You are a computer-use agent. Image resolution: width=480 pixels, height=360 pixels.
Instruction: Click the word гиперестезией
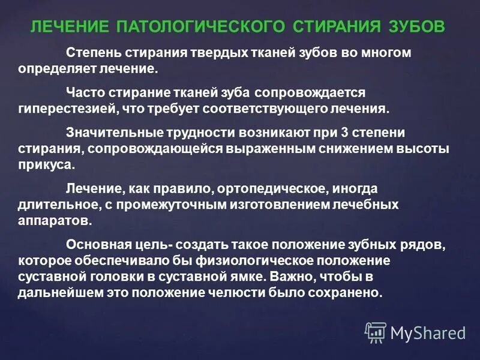(64, 110)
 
